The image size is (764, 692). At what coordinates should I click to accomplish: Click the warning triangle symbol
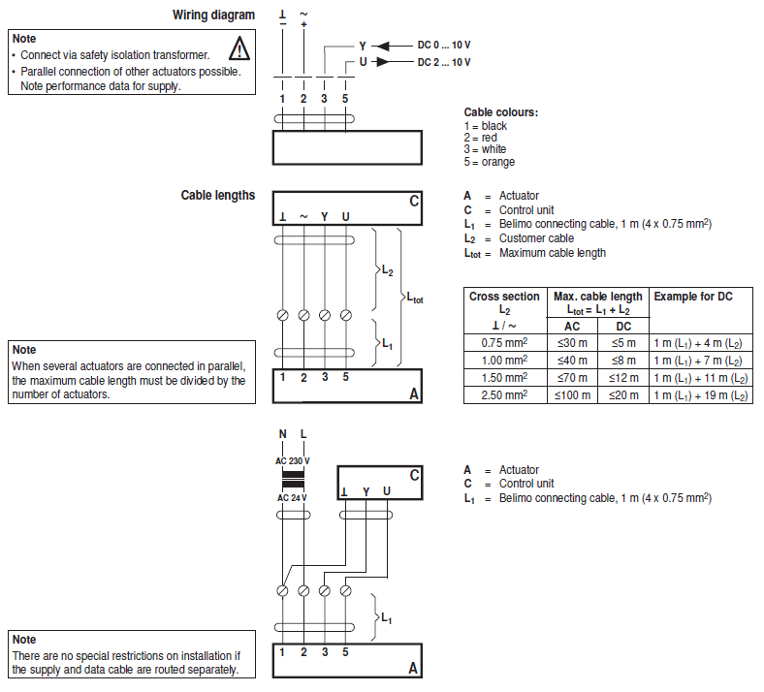coord(239,47)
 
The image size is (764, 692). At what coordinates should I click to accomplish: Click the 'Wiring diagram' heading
coord(213,15)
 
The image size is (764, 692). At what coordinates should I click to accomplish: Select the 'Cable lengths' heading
coord(217,195)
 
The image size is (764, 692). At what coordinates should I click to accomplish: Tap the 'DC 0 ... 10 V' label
coord(444,46)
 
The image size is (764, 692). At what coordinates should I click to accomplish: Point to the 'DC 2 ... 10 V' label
coord(444,62)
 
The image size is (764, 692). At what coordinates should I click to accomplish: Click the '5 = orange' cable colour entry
coord(490,162)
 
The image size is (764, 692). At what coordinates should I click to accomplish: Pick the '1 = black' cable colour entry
coord(486,126)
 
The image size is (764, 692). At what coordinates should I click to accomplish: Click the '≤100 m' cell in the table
coord(572,394)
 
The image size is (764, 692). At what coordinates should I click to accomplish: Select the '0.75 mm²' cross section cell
coord(504,342)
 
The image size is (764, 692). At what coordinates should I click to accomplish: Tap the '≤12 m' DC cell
coord(623,377)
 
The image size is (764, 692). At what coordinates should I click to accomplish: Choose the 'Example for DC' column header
coord(693,296)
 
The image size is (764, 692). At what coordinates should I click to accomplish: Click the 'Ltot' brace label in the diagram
coord(413,299)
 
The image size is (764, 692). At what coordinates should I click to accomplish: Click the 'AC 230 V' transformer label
coord(292,459)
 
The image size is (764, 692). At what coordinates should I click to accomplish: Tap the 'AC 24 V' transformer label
coord(292,497)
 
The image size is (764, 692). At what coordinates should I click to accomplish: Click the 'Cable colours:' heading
coord(500,112)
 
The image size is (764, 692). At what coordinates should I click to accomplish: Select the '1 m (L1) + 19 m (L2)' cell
coord(700,394)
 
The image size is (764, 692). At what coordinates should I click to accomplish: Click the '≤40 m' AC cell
coord(572,360)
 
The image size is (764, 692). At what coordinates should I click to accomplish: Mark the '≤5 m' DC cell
coord(623,342)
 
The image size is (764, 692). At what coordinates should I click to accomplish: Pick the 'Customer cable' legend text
coord(536,238)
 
